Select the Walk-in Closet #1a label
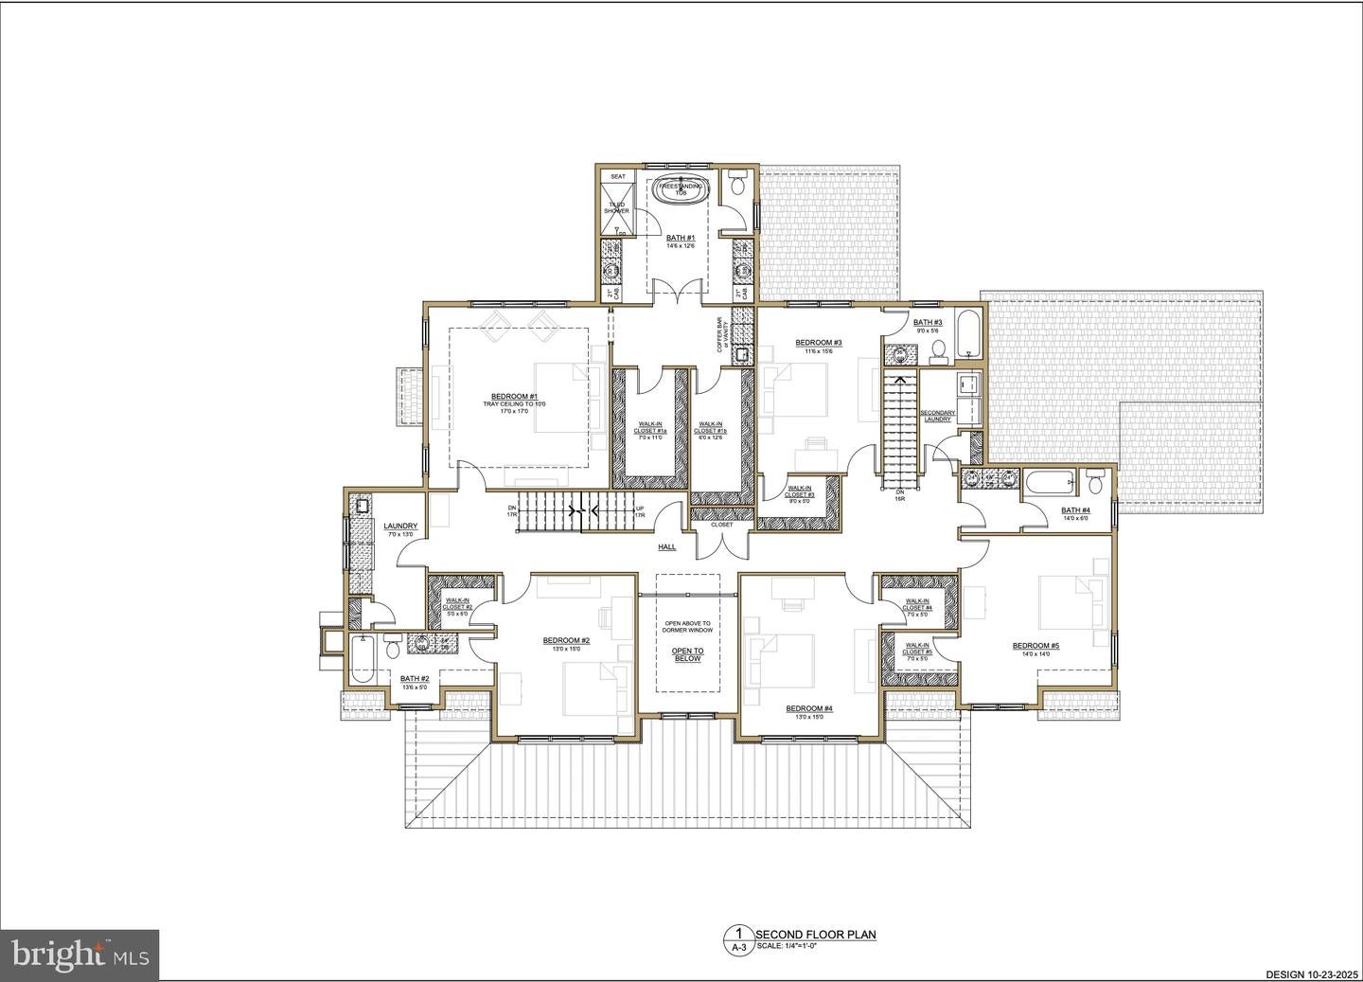pos(650,428)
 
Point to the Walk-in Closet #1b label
pos(710,428)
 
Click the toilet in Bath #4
pos(1095,483)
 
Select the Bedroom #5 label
pos(1036,646)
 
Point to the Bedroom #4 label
pos(809,708)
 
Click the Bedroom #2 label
pos(566,641)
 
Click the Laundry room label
pos(400,527)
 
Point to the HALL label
pos(667,547)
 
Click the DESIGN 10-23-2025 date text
pos(1310,973)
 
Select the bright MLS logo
pos(80,954)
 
